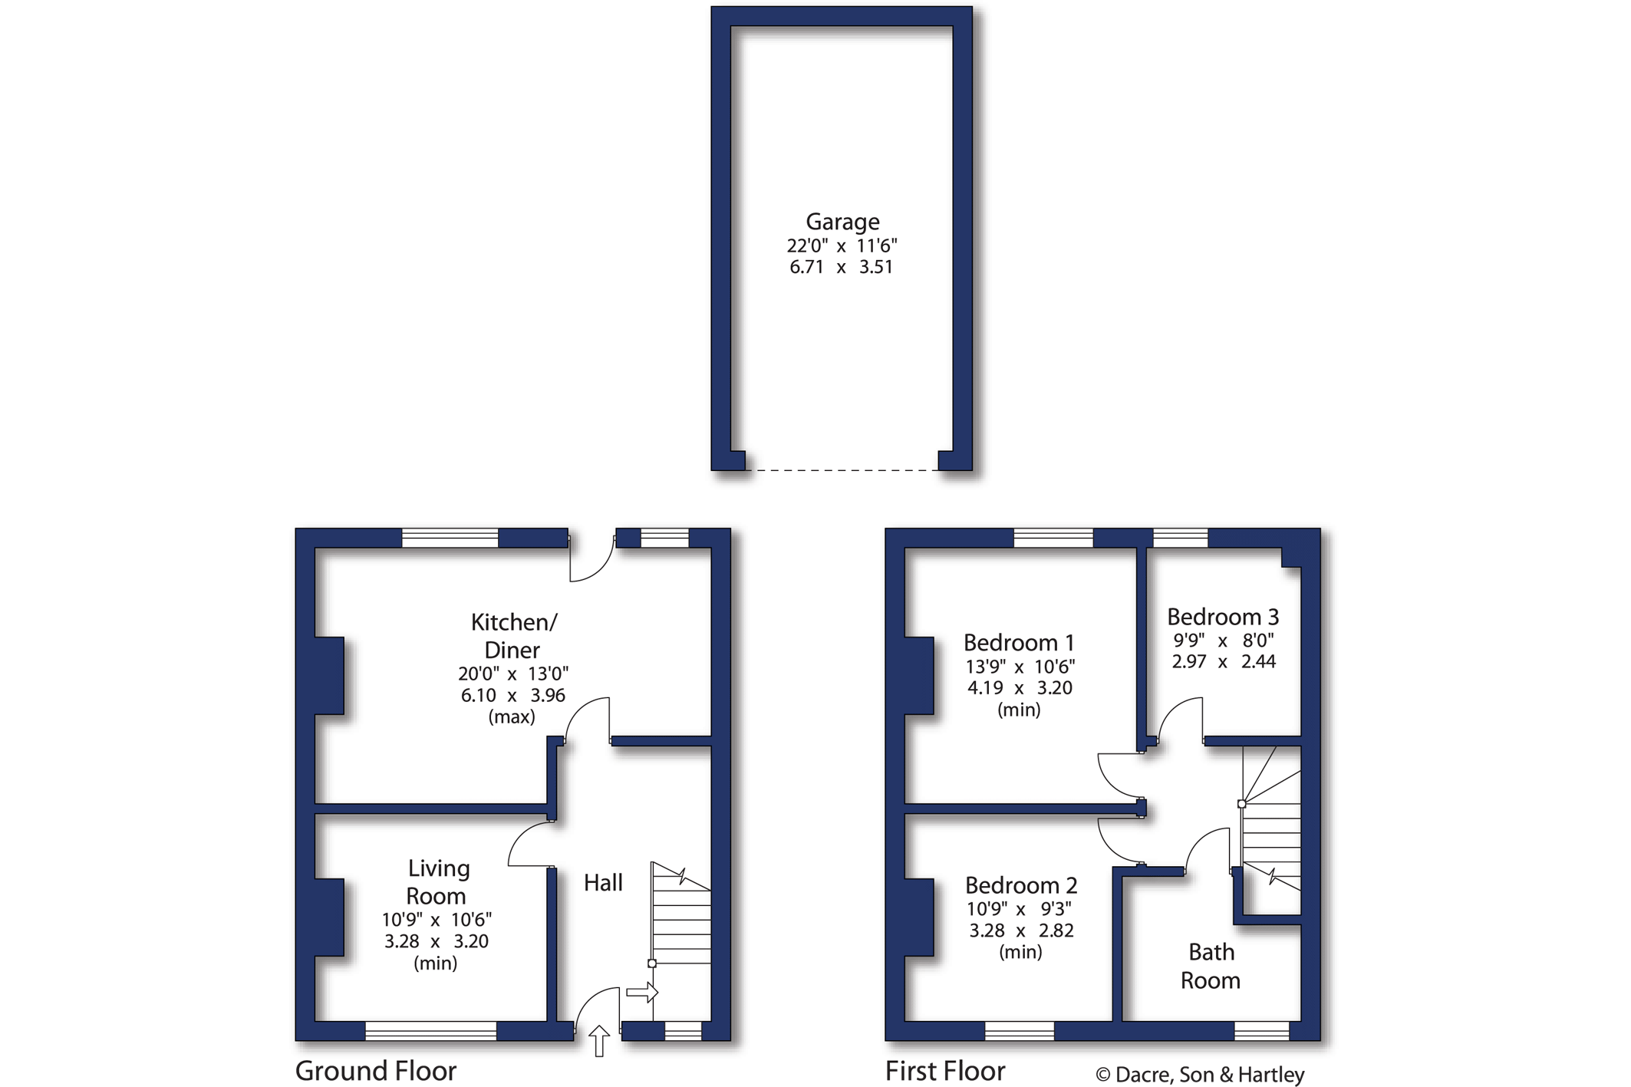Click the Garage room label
[x=842, y=222]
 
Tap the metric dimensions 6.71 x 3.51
[x=842, y=267]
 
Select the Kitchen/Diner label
[x=513, y=636]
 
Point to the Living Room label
[x=437, y=882]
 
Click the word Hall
[x=603, y=883]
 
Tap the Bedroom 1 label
[x=1019, y=643]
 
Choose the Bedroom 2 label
[x=1021, y=885]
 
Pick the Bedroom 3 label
[x=1223, y=617]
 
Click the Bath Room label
[x=1211, y=967]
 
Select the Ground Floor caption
[x=376, y=1071]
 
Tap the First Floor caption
[x=945, y=1071]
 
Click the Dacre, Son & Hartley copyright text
[x=1201, y=1075]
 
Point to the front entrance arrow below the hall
[x=599, y=1042]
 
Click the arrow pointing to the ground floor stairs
[x=642, y=993]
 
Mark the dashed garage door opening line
[x=842, y=470]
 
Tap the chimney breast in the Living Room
[x=330, y=917]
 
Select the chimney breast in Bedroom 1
[x=920, y=676]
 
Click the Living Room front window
[x=431, y=1031]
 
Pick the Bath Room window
[x=1262, y=1031]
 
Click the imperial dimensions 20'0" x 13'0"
[x=513, y=674]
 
